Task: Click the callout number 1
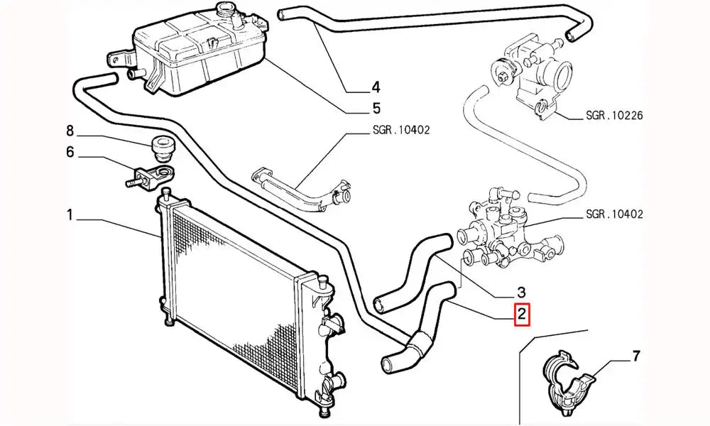(x=70, y=214)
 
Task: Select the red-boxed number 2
(x=522, y=314)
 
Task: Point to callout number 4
(x=376, y=88)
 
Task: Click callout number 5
(x=376, y=109)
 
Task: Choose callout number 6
(x=70, y=151)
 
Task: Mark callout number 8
(x=70, y=131)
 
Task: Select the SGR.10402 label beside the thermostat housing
(x=614, y=214)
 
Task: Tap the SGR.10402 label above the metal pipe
(x=401, y=131)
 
